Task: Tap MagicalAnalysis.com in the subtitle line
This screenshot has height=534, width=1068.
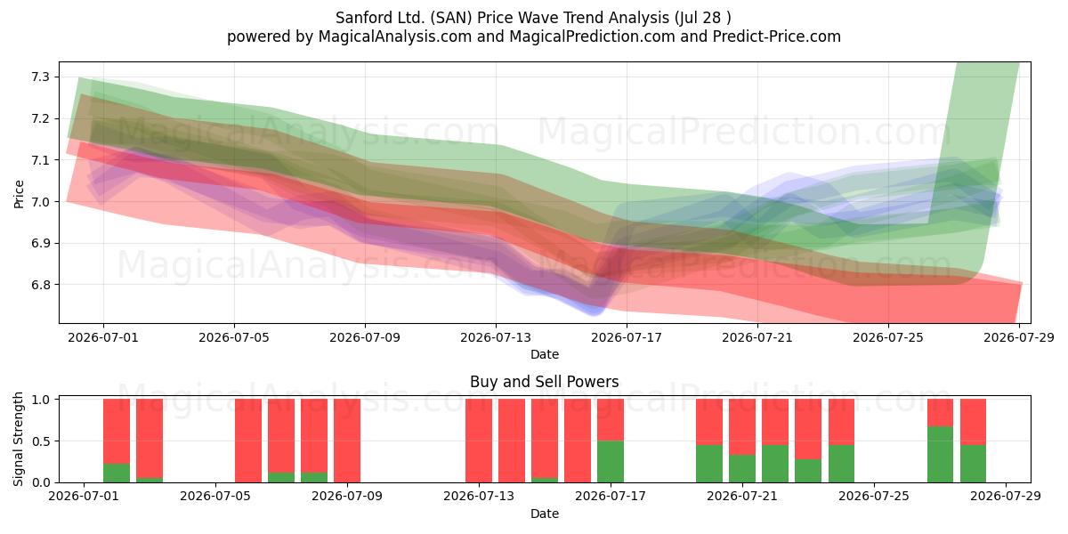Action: [x=395, y=36]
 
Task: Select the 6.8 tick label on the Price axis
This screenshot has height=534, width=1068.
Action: [x=41, y=285]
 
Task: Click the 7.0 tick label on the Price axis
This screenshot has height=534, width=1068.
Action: [x=41, y=202]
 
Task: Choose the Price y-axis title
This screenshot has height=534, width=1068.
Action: [x=19, y=194]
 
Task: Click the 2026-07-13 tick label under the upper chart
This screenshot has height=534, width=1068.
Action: [x=496, y=337]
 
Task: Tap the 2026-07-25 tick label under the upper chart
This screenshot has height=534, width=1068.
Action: [x=888, y=337]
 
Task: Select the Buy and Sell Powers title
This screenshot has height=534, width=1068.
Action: [x=545, y=382]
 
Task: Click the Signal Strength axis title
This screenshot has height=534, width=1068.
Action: [x=18, y=439]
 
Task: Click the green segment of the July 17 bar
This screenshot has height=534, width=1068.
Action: [x=611, y=462]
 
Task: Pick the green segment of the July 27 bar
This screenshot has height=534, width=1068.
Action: [x=940, y=455]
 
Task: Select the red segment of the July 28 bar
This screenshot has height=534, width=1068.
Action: [x=973, y=422]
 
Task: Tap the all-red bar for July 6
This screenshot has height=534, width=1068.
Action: [x=248, y=441]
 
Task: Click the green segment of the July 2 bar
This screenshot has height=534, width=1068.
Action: [x=117, y=473]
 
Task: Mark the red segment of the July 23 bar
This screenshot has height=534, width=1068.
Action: [x=808, y=429]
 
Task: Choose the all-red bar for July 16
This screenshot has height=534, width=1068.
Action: [x=578, y=441]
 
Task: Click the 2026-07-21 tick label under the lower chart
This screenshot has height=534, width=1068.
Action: [x=742, y=496]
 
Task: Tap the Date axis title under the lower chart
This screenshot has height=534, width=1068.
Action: [x=545, y=514]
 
